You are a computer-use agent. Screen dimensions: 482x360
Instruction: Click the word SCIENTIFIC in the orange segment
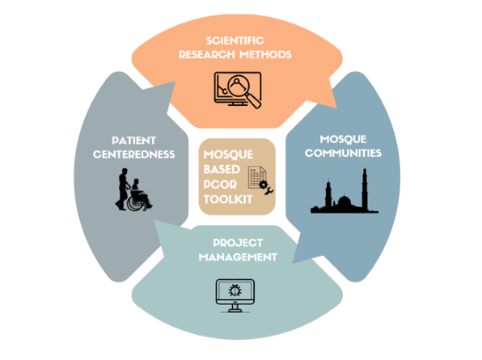coord(235,40)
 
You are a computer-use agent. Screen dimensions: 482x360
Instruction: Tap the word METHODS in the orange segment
coord(265,54)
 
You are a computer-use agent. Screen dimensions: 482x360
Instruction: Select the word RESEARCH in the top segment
coord(207,54)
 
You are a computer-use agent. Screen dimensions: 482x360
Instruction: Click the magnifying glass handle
coord(254,100)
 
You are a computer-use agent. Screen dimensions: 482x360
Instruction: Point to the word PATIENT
coord(133,141)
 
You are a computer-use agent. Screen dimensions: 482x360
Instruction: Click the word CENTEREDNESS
coord(133,155)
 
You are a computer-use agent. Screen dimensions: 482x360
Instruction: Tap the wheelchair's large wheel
coord(136,202)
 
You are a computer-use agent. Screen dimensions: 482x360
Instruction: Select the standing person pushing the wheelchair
coord(123,189)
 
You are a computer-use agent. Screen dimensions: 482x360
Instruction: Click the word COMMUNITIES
coord(343,153)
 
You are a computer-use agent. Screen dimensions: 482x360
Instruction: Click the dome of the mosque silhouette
coord(345,201)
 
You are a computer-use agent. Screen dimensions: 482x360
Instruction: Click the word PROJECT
coord(238,243)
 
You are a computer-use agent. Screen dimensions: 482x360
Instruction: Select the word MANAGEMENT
coord(238,257)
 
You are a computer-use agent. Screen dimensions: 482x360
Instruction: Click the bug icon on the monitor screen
coord(235,290)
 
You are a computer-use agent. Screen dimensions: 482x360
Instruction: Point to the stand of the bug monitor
coord(235,308)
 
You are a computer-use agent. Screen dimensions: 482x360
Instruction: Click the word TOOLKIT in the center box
coord(228,200)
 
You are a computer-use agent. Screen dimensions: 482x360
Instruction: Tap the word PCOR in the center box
coord(220,184)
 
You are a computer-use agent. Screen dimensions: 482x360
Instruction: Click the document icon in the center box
coord(257,177)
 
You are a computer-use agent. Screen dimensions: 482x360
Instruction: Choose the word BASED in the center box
coord(222,169)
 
